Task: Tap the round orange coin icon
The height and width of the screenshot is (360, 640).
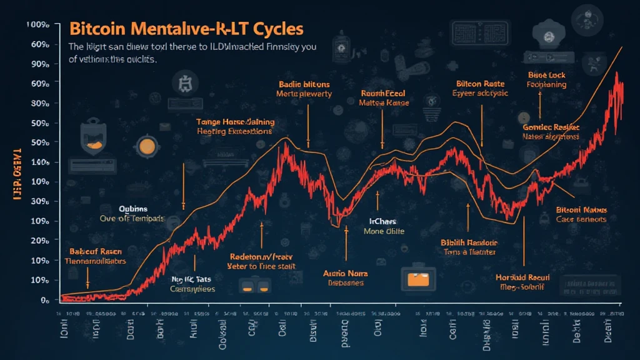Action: tap(147, 146)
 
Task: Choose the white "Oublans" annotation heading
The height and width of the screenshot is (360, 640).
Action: tap(133, 209)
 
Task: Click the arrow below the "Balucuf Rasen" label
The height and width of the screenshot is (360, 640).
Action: tap(87, 276)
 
